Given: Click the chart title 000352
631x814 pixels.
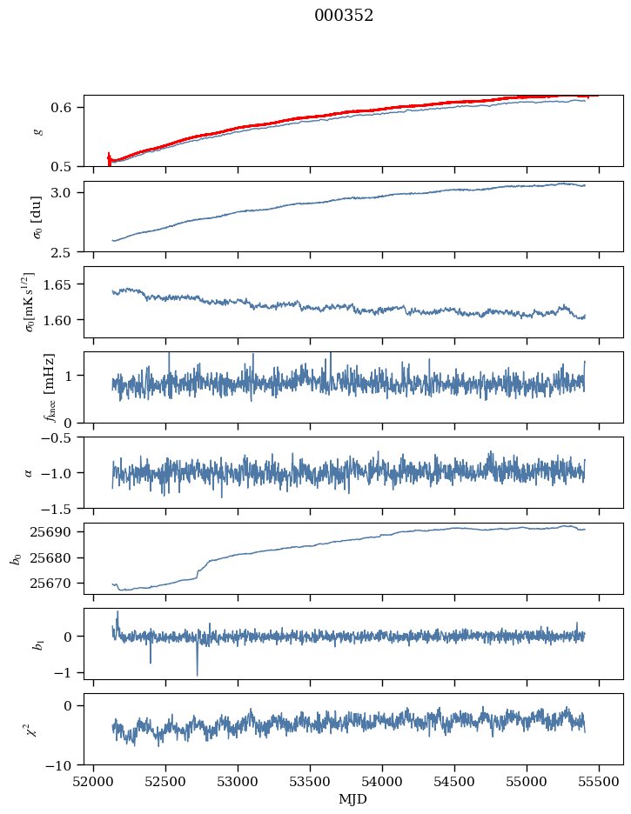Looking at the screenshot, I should tap(344, 16).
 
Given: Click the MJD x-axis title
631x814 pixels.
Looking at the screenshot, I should tap(353, 799).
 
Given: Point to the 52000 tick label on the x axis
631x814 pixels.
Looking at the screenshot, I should tap(95, 781).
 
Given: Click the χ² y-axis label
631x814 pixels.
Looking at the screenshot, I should tap(34, 729).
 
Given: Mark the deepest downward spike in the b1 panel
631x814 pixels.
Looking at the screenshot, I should tap(197, 675).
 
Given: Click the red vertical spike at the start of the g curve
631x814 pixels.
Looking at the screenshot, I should tap(109, 158).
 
